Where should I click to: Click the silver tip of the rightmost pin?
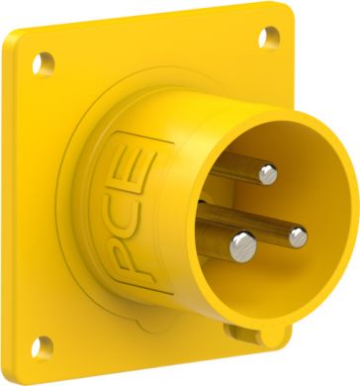297,234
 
